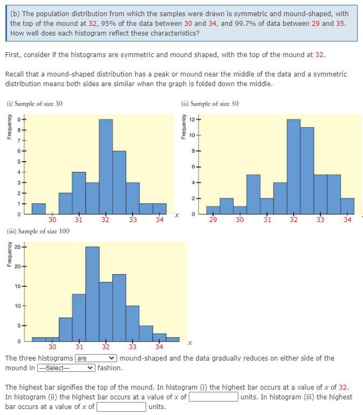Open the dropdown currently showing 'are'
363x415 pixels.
tap(96, 358)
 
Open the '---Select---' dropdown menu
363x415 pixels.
tap(66, 368)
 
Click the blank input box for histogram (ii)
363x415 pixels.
tap(214, 397)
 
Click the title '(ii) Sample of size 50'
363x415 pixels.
tap(210, 103)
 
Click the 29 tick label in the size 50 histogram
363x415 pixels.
tap(213, 220)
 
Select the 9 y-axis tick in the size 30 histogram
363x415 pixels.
tap(17, 119)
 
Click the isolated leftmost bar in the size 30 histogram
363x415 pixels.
tap(38, 208)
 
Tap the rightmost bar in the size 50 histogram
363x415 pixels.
tap(347, 205)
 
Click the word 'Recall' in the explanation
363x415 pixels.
tap(15, 74)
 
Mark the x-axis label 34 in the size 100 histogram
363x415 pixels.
tap(159, 347)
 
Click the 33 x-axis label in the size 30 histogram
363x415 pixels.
tap(133, 220)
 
